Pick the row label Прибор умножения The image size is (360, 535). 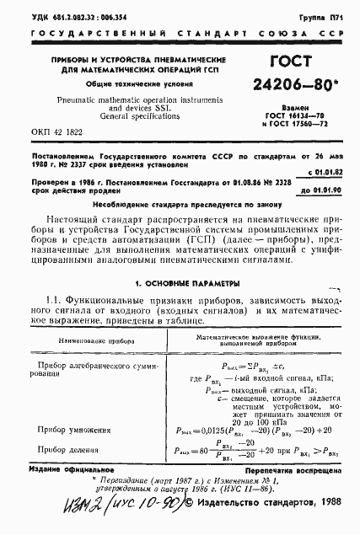78,430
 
